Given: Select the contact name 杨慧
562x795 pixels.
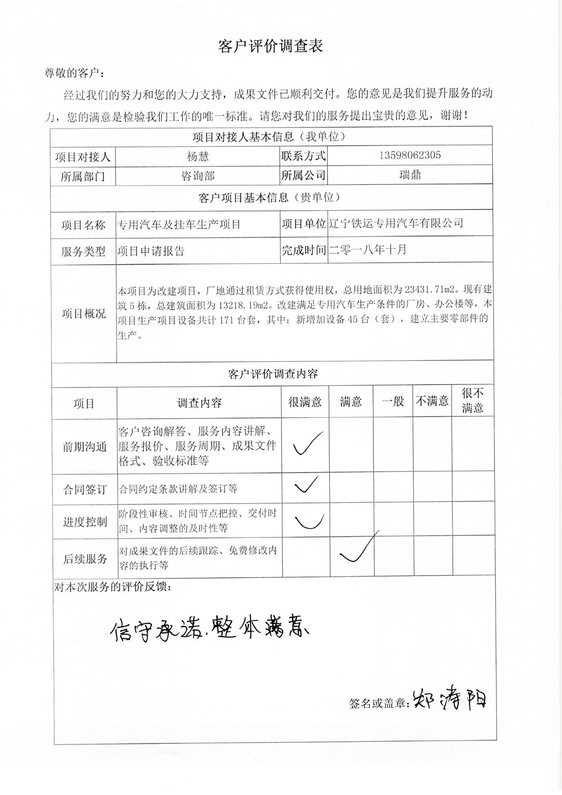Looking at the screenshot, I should coord(198,156).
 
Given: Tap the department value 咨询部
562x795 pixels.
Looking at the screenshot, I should coord(198,176).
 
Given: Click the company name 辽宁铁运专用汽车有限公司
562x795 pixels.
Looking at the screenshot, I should coord(396,223).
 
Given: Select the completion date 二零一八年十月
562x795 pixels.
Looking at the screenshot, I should coord(368,249).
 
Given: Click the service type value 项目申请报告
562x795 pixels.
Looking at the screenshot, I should coord(151,251).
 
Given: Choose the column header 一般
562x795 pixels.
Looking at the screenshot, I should coord(393,401).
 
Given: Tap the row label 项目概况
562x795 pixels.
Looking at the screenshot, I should coord(84,314).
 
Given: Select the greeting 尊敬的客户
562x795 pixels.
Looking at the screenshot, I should coord(74,73).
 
